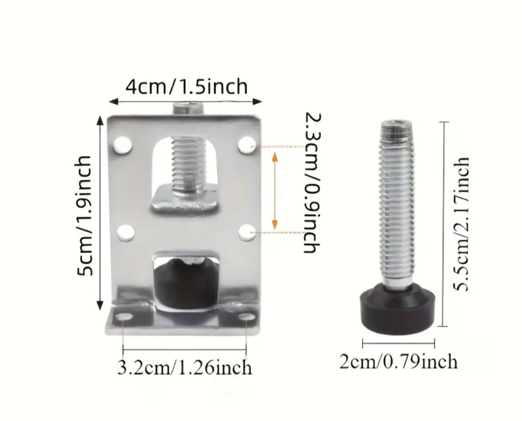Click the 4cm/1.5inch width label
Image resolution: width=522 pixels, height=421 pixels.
tap(186, 87)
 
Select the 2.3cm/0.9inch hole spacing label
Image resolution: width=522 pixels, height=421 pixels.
tap(313, 183)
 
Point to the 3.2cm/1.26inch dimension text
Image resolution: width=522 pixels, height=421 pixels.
tap(185, 368)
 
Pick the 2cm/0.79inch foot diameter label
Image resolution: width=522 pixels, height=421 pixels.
tap(398, 362)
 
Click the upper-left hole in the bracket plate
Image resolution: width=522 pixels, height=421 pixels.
tap(123, 145)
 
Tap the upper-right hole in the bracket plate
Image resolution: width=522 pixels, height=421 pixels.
tap(247, 145)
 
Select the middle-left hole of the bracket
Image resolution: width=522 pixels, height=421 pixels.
tap(126, 233)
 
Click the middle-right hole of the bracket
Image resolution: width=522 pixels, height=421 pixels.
tap(248, 233)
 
